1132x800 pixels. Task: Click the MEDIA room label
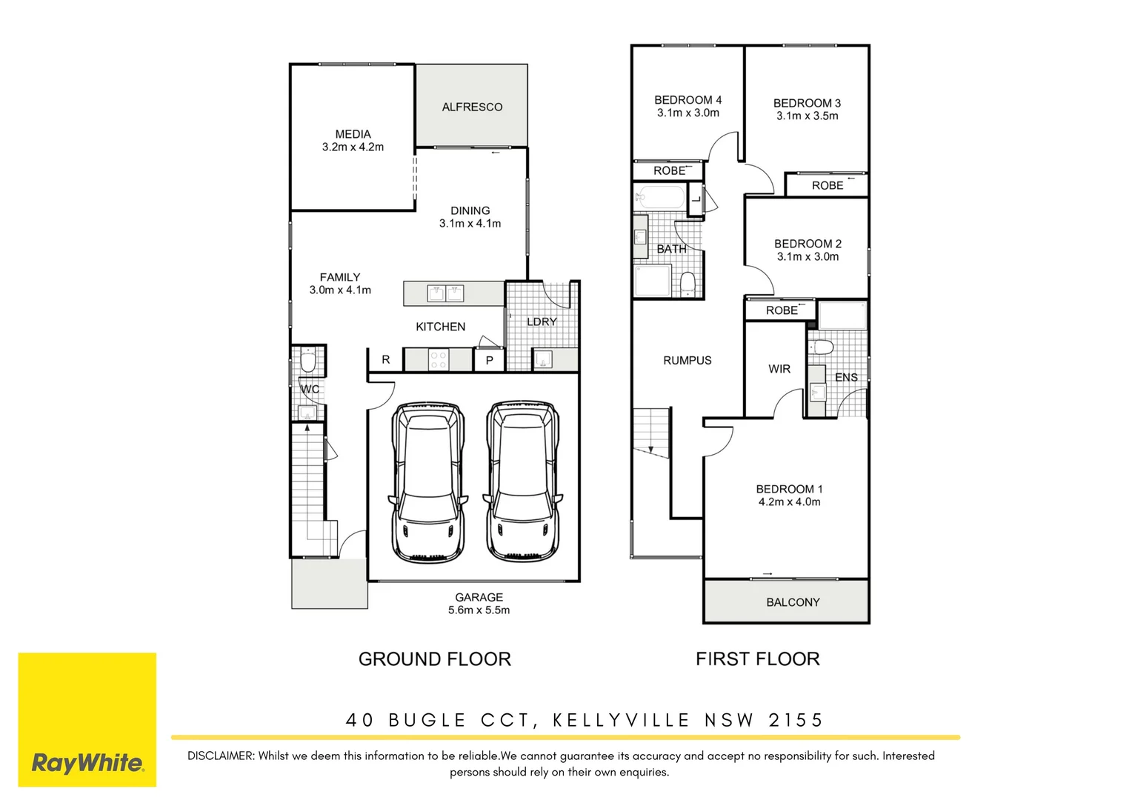point(353,134)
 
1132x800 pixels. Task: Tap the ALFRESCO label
point(472,107)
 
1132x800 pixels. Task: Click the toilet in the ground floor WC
point(307,361)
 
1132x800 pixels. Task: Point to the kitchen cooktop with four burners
point(438,360)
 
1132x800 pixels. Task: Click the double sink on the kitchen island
point(445,293)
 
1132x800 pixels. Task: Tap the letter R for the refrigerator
point(385,359)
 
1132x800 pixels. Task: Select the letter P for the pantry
point(489,361)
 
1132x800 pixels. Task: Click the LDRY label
point(542,321)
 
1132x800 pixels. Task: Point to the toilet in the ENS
point(821,347)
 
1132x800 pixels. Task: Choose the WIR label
point(779,369)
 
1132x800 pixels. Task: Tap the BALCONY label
point(793,602)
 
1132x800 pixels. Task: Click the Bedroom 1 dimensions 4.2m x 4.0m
point(789,502)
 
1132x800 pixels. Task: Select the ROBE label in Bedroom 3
point(827,185)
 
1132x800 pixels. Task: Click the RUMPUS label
point(687,360)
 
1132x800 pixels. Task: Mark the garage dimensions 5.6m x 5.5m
point(479,610)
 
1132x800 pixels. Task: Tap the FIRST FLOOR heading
point(757,659)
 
